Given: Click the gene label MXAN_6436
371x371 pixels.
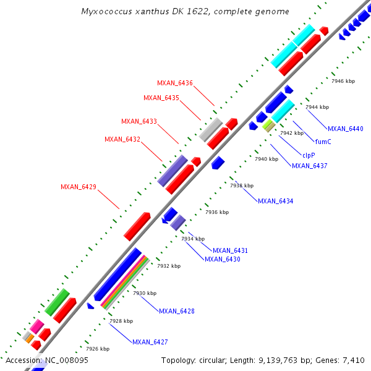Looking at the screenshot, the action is (175, 83).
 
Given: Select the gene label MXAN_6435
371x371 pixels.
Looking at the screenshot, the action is (161, 98).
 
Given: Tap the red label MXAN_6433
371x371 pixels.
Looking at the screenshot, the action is (139, 121).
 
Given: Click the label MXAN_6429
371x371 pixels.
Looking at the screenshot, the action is (79, 187).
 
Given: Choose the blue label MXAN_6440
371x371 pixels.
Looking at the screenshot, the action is (346, 129).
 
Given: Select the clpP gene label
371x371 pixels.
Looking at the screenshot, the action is (309, 155).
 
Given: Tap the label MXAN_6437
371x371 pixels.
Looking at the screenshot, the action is (310, 166).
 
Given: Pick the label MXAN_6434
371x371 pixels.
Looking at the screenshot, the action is (276, 201).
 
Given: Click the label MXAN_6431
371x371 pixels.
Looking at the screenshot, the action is (231, 250).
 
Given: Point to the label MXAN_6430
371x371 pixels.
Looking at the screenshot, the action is (223, 259).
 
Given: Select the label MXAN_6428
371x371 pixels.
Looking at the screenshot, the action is (177, 311).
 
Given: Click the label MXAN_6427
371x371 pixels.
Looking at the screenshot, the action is (150, 342).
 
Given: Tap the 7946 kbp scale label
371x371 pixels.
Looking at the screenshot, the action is (343, 81).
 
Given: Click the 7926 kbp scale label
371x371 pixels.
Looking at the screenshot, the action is (98, 349).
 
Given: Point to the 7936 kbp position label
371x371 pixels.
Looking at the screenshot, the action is (217, 212).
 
